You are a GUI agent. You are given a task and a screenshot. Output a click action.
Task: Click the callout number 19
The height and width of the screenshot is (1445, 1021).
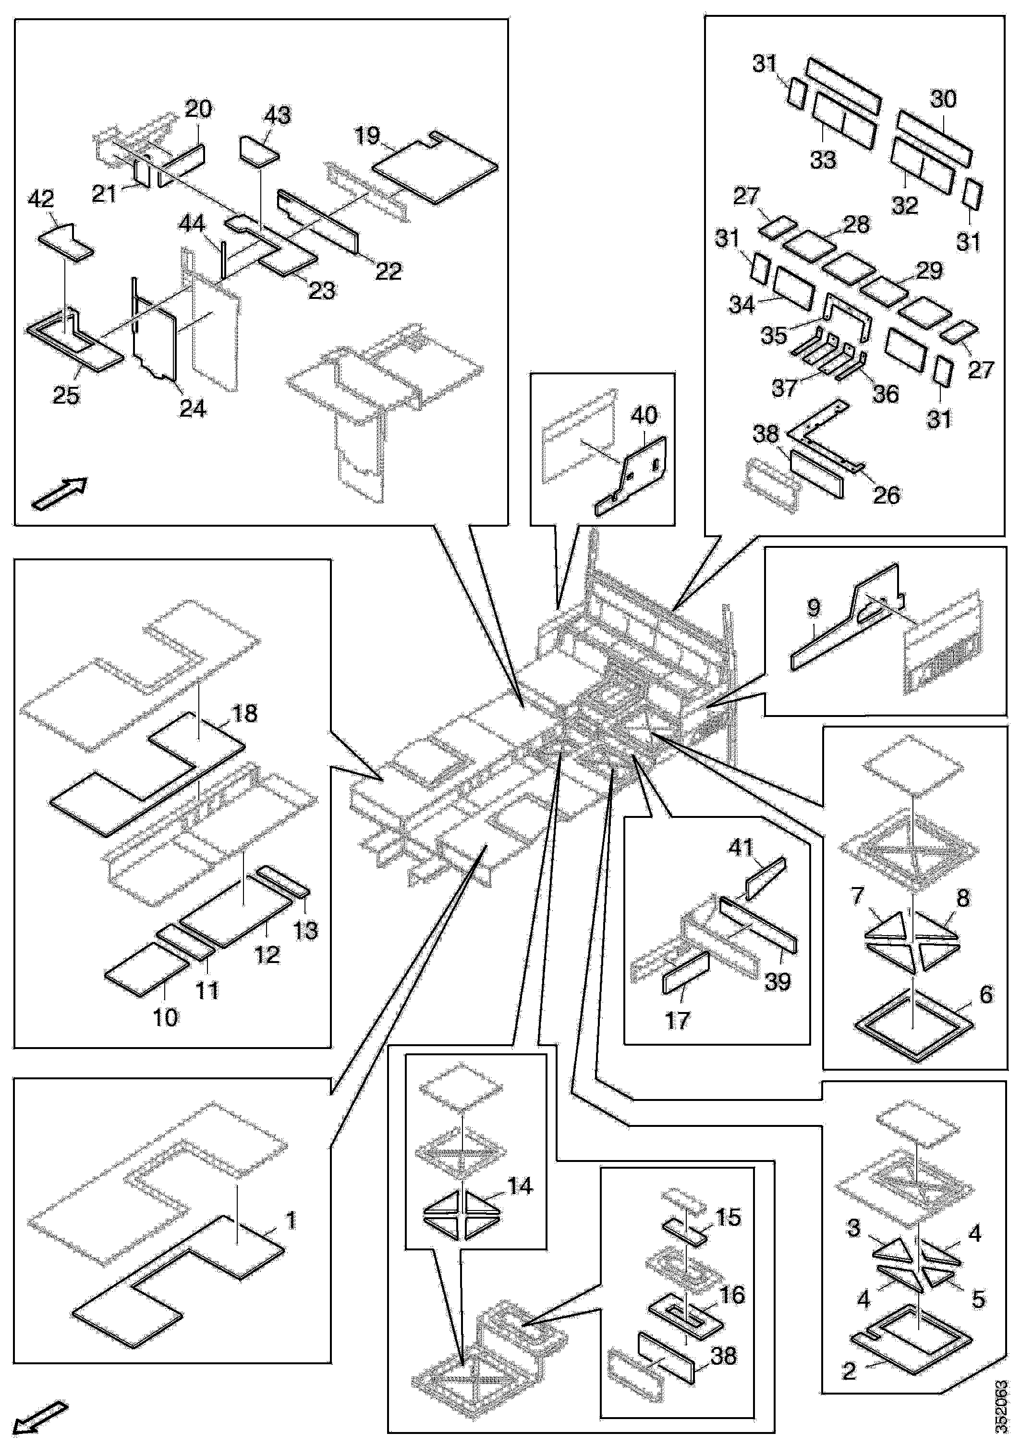[x=367, y=136]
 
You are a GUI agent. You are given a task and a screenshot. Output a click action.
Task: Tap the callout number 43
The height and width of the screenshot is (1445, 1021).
[x=278, y=115]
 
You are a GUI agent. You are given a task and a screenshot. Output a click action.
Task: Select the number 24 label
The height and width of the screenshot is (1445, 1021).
[x=193, y=408]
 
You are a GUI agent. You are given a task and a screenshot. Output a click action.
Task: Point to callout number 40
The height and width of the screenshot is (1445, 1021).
[x=644, y=415]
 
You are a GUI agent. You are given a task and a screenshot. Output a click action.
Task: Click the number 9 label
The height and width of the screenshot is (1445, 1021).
[x=814, y=607]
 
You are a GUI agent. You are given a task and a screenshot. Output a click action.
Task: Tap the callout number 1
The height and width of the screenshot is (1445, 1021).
[x=290, y=1221]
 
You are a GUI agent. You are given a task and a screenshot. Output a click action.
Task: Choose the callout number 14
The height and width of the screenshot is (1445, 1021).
[x=520, y=1186]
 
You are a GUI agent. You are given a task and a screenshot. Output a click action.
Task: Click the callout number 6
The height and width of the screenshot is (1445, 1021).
[x=986, y=994]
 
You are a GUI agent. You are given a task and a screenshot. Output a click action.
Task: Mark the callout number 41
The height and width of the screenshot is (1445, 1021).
[x=741, y=848]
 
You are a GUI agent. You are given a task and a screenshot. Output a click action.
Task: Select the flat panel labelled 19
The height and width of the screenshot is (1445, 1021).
[x=434, y=167]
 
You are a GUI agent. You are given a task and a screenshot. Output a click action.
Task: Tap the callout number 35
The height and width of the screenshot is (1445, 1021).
[x=773, y=335]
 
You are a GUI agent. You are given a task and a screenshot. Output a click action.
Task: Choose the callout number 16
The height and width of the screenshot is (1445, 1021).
[x=731, y=1295]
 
